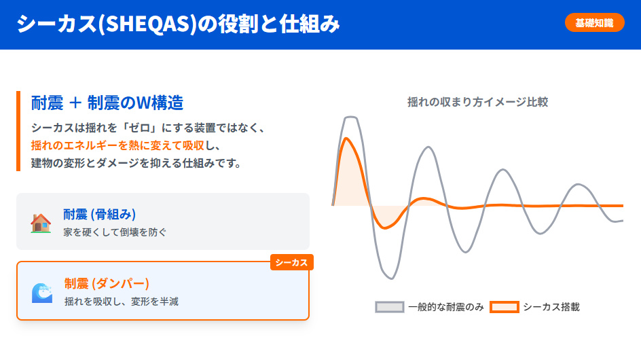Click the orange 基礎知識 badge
coord(594,23)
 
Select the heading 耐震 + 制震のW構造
coord(107,103)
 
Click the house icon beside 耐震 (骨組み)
coord(41,223)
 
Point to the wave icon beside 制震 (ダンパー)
coord(41,292)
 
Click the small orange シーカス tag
coord(291,262)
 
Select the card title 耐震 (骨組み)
coord(100,215)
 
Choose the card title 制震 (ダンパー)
coord(107,283)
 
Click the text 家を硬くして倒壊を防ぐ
coord(115,232)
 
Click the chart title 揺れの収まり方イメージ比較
coord(477,102)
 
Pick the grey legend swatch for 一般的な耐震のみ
coord(389,307)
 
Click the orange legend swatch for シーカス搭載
coord(504,307)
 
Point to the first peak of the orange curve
coord(347,139)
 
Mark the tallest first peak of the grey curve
coord(350,117)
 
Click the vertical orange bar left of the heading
coord(19,131)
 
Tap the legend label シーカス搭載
coord(551,307)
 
